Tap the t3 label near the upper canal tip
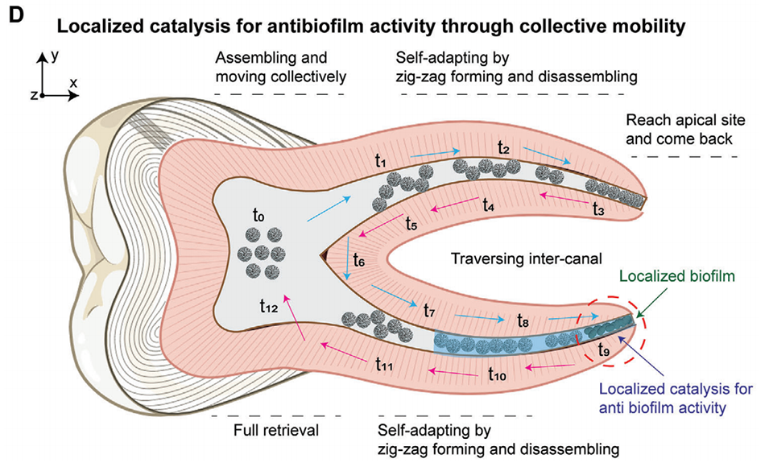[598, 209]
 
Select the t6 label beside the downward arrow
[359, 262]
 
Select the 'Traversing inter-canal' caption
[514, 258]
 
